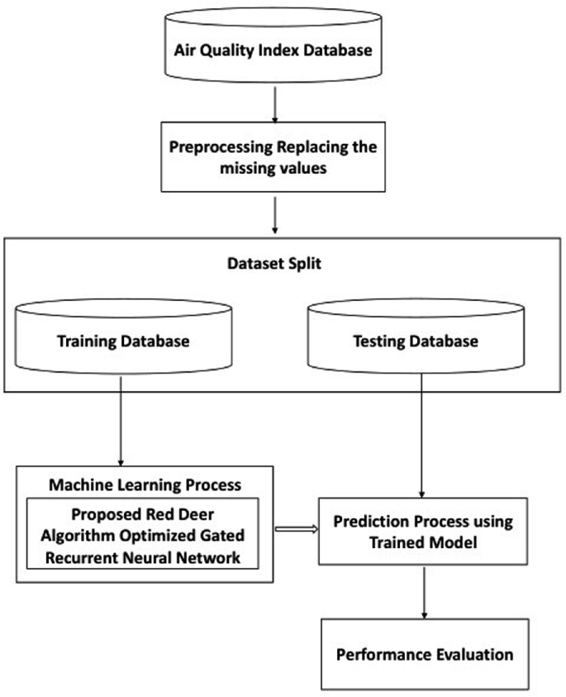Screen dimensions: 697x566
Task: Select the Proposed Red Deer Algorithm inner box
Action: click(145, 533)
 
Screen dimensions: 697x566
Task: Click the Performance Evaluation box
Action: click(424, 654)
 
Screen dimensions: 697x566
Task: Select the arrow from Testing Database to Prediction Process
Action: click(423, 438)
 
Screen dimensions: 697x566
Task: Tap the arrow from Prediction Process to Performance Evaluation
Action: click(424, 593)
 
